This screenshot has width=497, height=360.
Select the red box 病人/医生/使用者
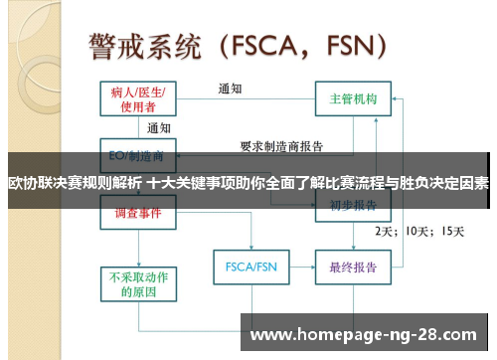tap(139, 98)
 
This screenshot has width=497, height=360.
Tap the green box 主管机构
tap(353, 99)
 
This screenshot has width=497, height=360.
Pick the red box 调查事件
tap(139, 214)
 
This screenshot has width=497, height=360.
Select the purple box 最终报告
tap(353, 267)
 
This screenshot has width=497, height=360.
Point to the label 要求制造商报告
tap(282, 146)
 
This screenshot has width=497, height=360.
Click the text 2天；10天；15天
tap(417, 231)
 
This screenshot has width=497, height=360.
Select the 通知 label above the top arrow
tap(231, 88)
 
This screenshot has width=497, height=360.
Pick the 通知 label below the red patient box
tap(159, 127)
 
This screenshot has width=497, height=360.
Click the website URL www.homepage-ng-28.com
tap(363, 335)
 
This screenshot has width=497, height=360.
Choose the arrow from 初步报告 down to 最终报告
tap(353, 239)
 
